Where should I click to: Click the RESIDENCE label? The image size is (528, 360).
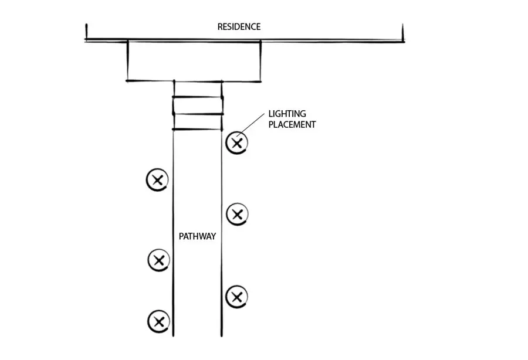(x=239, y=27)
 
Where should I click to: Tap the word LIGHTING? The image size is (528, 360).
(x=287, y=113)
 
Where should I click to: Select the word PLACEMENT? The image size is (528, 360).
(x=292, y=124)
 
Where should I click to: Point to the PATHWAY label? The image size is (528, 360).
(x=197, y=236)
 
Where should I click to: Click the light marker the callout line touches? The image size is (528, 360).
(x=236, y=142)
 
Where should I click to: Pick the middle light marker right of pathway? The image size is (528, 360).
(x=236, y=214)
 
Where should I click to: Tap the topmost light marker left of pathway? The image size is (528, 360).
(x=157, y=180)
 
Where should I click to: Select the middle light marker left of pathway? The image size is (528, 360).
(x=158, y=260)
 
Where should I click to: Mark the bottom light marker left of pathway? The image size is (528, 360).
(x=158, y=321)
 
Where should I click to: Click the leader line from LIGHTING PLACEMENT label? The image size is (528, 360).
(x=252, y=125)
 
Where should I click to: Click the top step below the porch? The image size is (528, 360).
(x=198, y=89)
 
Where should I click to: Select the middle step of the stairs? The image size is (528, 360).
(x=198, y=106)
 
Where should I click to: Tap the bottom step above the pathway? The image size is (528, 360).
(x=198, y=121)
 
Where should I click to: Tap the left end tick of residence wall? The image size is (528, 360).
(x=86, y=33)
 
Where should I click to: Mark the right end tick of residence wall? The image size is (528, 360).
(x=402, y=33)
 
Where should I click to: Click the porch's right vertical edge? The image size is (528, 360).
(x=260, y=61)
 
